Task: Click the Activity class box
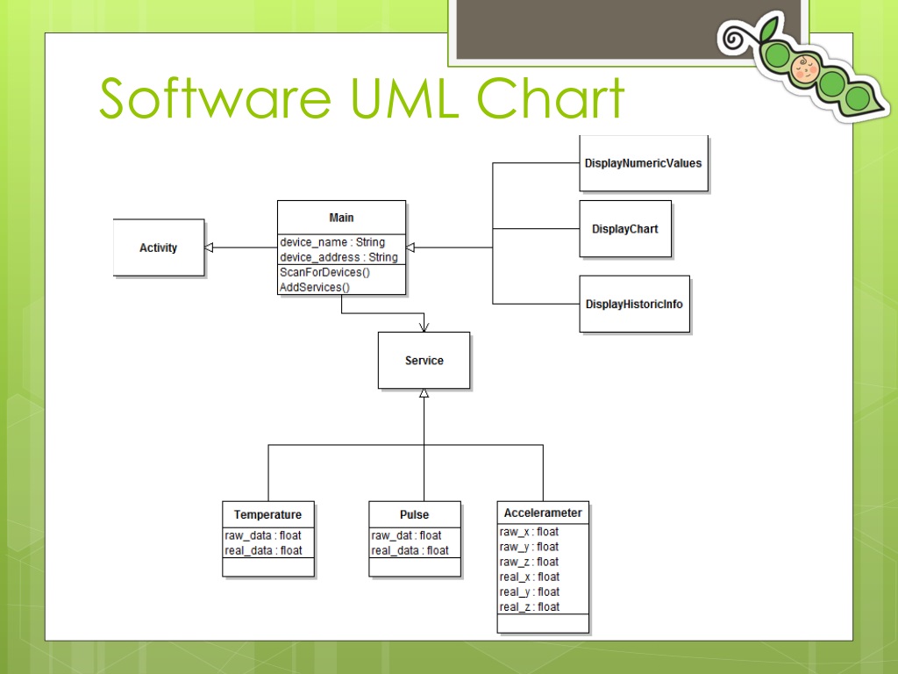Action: point(159,248)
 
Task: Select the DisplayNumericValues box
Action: point(643,163)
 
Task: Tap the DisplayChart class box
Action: point(625,229)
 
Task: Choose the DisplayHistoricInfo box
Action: point(634,305)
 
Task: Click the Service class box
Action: point(424,361)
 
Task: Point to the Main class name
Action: point(341,218)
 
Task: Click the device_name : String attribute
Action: point(332,242)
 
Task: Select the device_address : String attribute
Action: point(339,257)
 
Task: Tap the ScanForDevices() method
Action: point(324,273)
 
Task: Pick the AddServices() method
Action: point(314,287)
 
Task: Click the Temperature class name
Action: point(267,515)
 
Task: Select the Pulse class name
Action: point(414,515)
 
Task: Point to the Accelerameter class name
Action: point(543,513)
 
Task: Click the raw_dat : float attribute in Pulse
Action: point(406,535)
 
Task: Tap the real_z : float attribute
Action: point(529,607)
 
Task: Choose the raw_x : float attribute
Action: point(529,532)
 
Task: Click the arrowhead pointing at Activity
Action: point(209,248)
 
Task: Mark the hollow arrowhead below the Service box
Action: point(424,393)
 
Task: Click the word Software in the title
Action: point(214,98)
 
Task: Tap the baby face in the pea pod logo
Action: point(802,66)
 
